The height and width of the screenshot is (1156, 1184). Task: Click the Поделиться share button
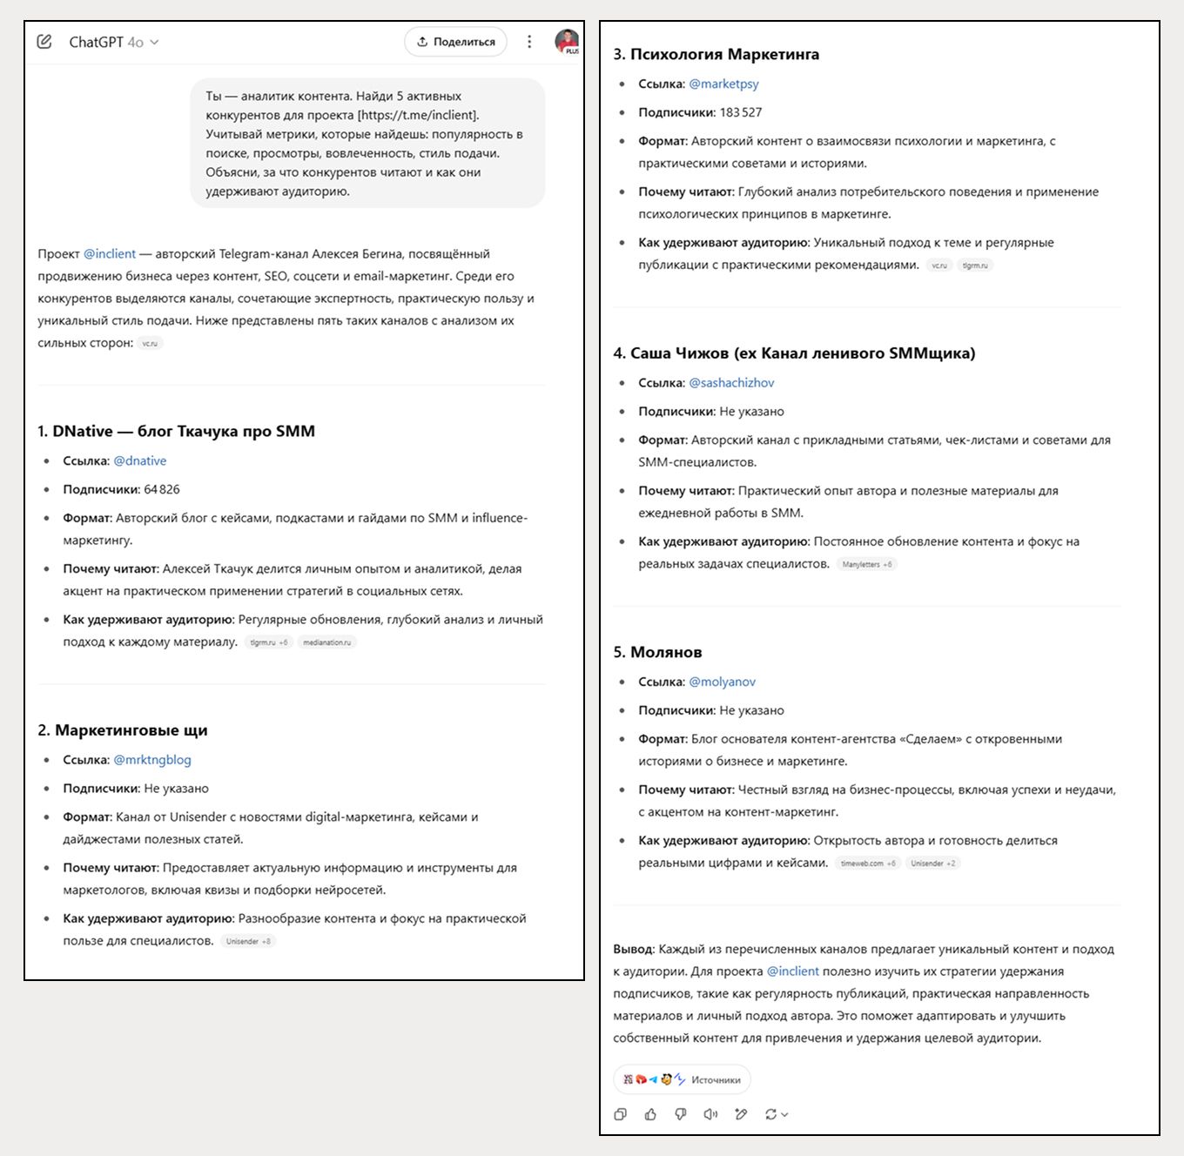coord(455,42)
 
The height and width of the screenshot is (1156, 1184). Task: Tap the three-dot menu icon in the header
coord(529,42)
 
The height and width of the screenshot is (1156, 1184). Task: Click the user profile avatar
coord(567,41)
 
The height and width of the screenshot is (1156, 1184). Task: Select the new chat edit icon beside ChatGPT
coord(44,42)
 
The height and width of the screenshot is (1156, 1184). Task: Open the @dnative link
coord(140,460)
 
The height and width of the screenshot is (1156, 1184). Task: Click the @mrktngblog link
coord(152,760)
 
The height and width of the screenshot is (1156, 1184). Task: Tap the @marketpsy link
coord(723,84)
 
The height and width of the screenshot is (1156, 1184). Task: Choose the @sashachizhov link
coord(731,383)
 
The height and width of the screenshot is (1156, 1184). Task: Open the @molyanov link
coord(722,682)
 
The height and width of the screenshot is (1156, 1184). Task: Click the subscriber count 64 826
coord(162,489)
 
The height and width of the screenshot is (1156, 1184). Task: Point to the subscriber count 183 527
coord(741,112)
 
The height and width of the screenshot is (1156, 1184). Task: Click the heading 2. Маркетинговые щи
coord(123,730)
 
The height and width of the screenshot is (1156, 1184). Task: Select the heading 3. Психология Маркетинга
coord(716,54)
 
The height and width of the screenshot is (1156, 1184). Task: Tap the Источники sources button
coord(682,1079)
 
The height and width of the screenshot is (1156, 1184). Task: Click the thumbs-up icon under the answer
coord(650,1114)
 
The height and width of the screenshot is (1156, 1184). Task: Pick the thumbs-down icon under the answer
coord(681,1114)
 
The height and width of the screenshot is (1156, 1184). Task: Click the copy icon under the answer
coord(621,1114)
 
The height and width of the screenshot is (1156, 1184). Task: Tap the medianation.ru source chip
coord(327,642)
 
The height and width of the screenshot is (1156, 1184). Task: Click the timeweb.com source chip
coord(868,864)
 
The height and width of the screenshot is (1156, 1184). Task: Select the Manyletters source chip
coord(867,564)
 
